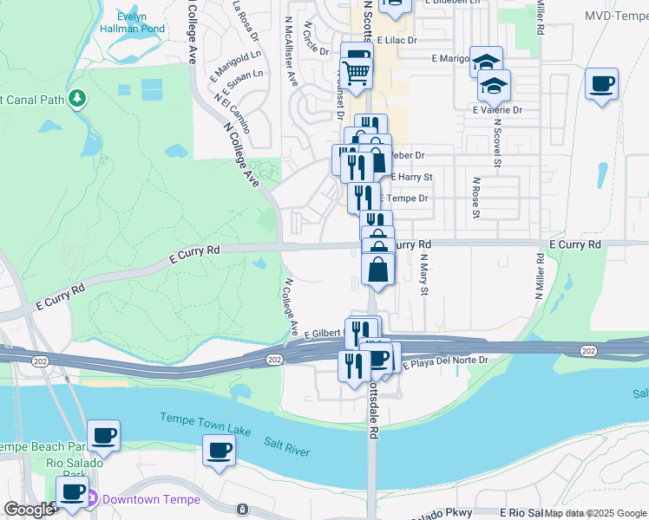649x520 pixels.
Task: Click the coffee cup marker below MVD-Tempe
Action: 601,85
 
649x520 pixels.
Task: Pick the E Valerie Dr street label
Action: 497,110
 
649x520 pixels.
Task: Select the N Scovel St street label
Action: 497,142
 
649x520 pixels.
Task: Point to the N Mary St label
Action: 424,275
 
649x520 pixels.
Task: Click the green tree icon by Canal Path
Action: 79,99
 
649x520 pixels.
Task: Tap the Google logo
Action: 29,510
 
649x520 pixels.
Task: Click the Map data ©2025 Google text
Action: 595,514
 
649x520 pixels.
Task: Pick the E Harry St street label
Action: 411,177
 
